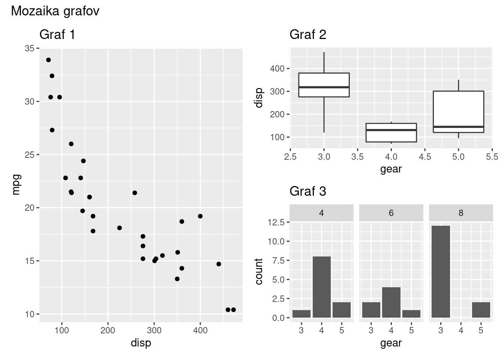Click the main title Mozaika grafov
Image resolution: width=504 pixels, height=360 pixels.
pos(55,11)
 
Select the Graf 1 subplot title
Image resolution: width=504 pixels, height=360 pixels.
pos(57,34)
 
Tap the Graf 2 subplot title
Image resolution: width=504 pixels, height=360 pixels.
pos(308,34)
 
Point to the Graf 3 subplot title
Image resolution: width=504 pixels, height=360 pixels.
pos(308,191)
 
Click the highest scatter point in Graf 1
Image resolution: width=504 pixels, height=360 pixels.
pos(48,60)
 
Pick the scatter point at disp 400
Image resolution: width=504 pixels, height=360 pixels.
pos(200,216)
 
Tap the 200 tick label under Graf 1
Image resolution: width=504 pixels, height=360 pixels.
pos(108,330)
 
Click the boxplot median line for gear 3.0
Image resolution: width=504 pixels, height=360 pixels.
pos(324,87)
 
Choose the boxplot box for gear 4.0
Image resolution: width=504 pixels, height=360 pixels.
pos(391,133)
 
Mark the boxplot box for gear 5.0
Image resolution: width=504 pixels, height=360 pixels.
pos(458,112)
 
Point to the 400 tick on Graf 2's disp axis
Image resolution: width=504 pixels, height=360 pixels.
pos(277,69)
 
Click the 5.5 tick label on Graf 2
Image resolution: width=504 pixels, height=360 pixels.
pos(492,157)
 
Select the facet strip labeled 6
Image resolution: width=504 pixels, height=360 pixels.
pos(391,213)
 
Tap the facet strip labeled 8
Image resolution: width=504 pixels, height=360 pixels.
pos(461,213)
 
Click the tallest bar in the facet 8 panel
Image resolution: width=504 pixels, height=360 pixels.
pos(441,271)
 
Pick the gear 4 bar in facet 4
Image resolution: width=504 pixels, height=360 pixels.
pos(321,287)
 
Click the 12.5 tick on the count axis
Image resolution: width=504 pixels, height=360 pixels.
pos(277,222)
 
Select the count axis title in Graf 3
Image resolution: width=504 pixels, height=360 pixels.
pos(259,271)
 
